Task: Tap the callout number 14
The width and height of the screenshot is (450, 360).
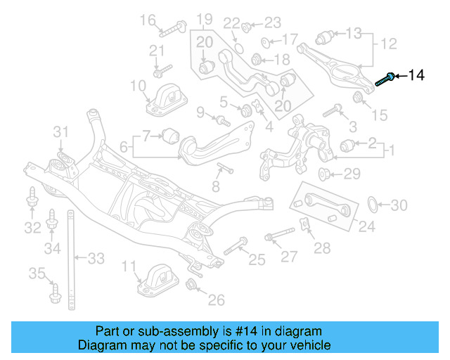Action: [x=416, y=75]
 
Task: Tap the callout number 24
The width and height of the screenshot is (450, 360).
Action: [x=367, y=226]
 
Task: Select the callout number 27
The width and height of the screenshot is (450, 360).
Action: [x=289, y=256]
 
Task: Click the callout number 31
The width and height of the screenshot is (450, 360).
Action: [x=62, y=131]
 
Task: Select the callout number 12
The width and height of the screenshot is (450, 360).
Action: [x=389, y=44]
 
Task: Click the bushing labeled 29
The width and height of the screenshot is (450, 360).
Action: [x=325, y=174]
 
